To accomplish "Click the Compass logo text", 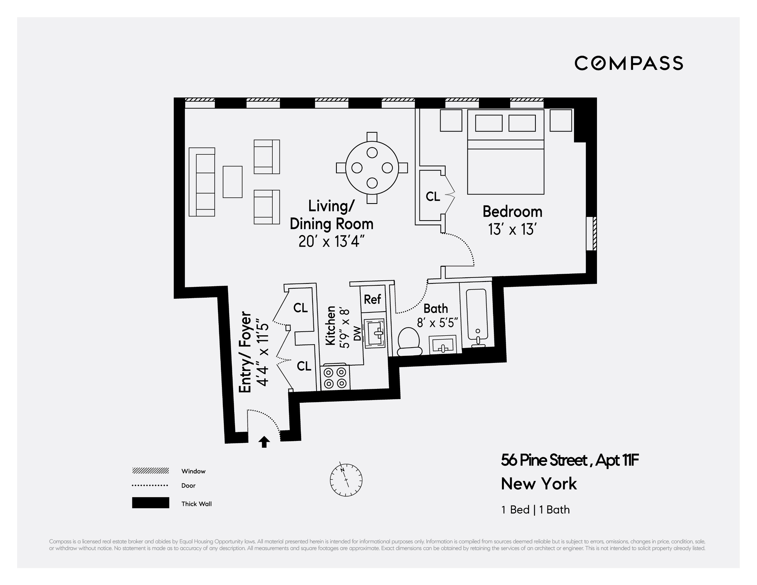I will (628, 63).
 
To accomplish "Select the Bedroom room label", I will (512, 212).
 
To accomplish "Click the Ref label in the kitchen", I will (372, 299).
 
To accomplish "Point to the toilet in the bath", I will (409, 342).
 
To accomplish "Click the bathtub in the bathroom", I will (477, 314).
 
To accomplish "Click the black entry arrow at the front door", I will (264, 442).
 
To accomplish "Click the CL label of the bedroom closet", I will (433, 197).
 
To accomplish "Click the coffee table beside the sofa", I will (232, 182).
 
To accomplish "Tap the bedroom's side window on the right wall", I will (591, 233).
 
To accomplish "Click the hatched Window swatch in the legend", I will (151, 470).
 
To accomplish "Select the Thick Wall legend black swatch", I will (151, 502).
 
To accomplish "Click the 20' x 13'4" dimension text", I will (331, 241).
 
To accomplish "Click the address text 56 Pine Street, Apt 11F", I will (569, 460).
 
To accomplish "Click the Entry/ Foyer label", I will (245, 352).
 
